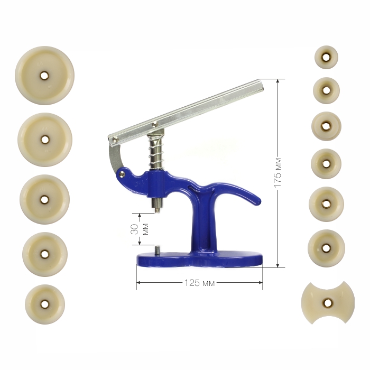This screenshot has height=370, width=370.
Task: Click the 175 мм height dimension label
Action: click(x=277, y=172)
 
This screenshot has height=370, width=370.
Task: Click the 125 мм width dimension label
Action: click(x=199, y=283)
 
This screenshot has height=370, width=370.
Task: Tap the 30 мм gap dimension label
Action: click(x=140, y=229)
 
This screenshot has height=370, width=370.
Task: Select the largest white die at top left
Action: click(x=44, y=75)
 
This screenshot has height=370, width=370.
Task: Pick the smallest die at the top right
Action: click(x=326, y=57)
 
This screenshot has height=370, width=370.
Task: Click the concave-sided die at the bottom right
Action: click(x=328, y=302)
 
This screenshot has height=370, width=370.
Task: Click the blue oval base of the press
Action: click(x=200, y=260)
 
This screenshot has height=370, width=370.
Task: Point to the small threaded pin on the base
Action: click(x=157, y=249)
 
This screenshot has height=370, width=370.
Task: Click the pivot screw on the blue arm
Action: click(x=122, y=174)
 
